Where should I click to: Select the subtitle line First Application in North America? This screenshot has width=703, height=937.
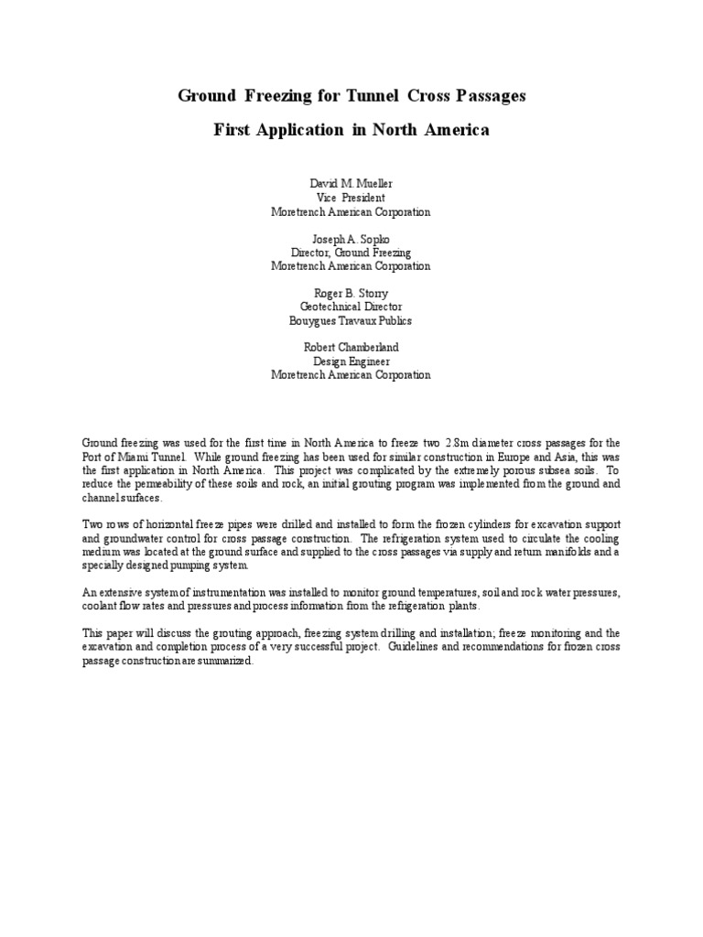(351, 130)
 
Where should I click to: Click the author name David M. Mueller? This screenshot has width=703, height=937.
(351, 184)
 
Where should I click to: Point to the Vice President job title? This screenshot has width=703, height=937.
(351, 198)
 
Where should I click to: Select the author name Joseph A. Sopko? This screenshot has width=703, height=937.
(351, 238)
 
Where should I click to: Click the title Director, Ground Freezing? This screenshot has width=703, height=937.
(351, 252)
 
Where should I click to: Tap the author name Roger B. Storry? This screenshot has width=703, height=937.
(351, 293)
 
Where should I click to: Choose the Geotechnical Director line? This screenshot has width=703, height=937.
(351, 307)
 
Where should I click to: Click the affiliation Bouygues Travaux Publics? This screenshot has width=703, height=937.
(351, 320)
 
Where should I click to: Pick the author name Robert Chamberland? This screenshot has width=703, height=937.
(351, 347)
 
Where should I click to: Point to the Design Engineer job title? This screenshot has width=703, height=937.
(351, 361)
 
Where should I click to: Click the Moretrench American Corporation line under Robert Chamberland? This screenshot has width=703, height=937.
(351, 374)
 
